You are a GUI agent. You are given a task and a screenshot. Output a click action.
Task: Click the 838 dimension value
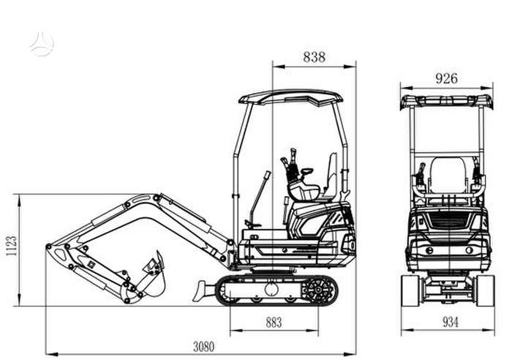click(314, 57)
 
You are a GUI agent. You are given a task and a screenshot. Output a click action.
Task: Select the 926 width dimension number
click(446, 78)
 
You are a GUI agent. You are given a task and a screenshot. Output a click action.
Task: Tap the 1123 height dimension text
click(12, 246)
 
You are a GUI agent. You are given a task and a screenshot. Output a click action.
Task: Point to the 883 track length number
click(274, 323)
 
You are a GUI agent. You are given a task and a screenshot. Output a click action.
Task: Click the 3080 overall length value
click(204, 347)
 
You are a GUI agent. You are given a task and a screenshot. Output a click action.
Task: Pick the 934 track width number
click(451, 323)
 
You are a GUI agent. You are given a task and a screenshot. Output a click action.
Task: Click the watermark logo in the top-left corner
click(42, 44)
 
